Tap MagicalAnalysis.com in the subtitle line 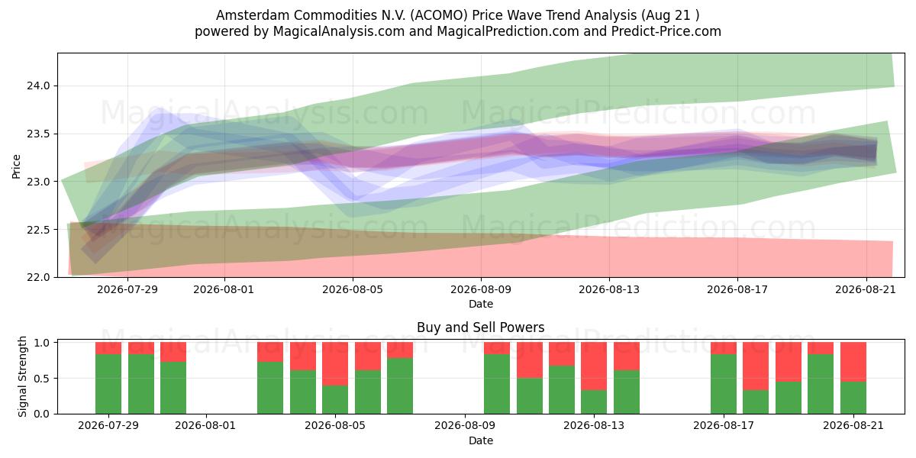339,31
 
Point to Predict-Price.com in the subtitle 666,31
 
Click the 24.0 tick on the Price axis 38,85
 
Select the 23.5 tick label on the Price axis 38,134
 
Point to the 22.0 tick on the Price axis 38,277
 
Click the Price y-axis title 16,166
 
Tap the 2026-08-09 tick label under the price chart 481,289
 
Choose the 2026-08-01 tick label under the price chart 224,289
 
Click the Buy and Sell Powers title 480,327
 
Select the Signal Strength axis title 22,376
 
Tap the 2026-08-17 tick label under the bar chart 724,426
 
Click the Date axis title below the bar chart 480,440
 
